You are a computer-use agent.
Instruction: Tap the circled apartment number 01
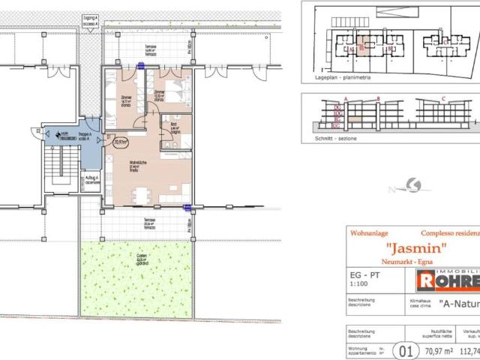[407, 348]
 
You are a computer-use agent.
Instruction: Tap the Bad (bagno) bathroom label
[173, 128]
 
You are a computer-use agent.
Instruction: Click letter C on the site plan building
[445, 43]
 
